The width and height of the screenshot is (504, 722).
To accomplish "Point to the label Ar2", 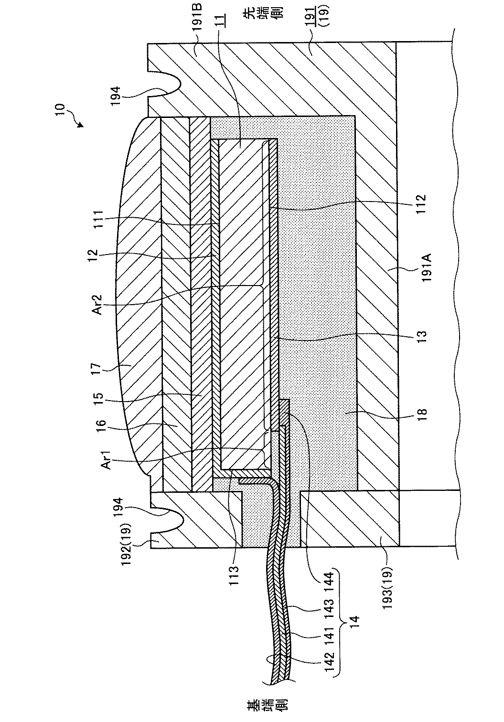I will click(98, 303).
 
